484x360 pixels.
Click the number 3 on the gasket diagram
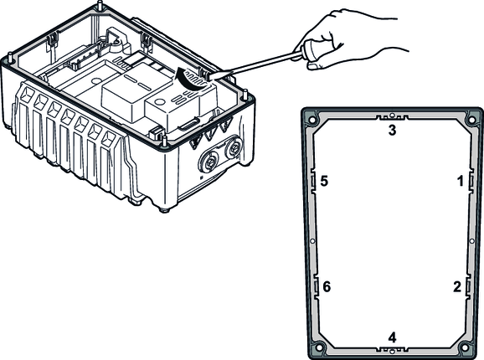(x=392, y=130)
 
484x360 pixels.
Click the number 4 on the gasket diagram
(x=392, y=337)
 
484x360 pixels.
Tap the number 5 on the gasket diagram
(x=324, y=181)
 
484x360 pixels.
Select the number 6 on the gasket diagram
(x=327, y=287)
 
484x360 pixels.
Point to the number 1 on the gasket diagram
(x=461, y=181)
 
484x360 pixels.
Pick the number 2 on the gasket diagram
(x=457, y=287)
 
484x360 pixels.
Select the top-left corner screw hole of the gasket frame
(x=312, y=120)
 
